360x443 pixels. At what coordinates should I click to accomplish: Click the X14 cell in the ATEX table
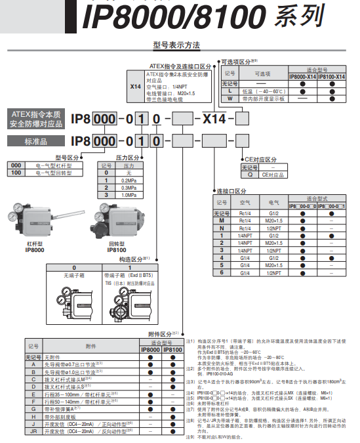point(136,86)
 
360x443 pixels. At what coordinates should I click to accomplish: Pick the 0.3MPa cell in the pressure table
point(129,187)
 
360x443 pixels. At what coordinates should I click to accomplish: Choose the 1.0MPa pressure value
point(129,194)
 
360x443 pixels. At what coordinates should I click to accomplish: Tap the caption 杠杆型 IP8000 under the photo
point(34,246)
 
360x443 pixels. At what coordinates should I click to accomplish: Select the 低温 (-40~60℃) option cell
point(262,92)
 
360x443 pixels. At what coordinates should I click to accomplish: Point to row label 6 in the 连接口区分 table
point(222,272)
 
